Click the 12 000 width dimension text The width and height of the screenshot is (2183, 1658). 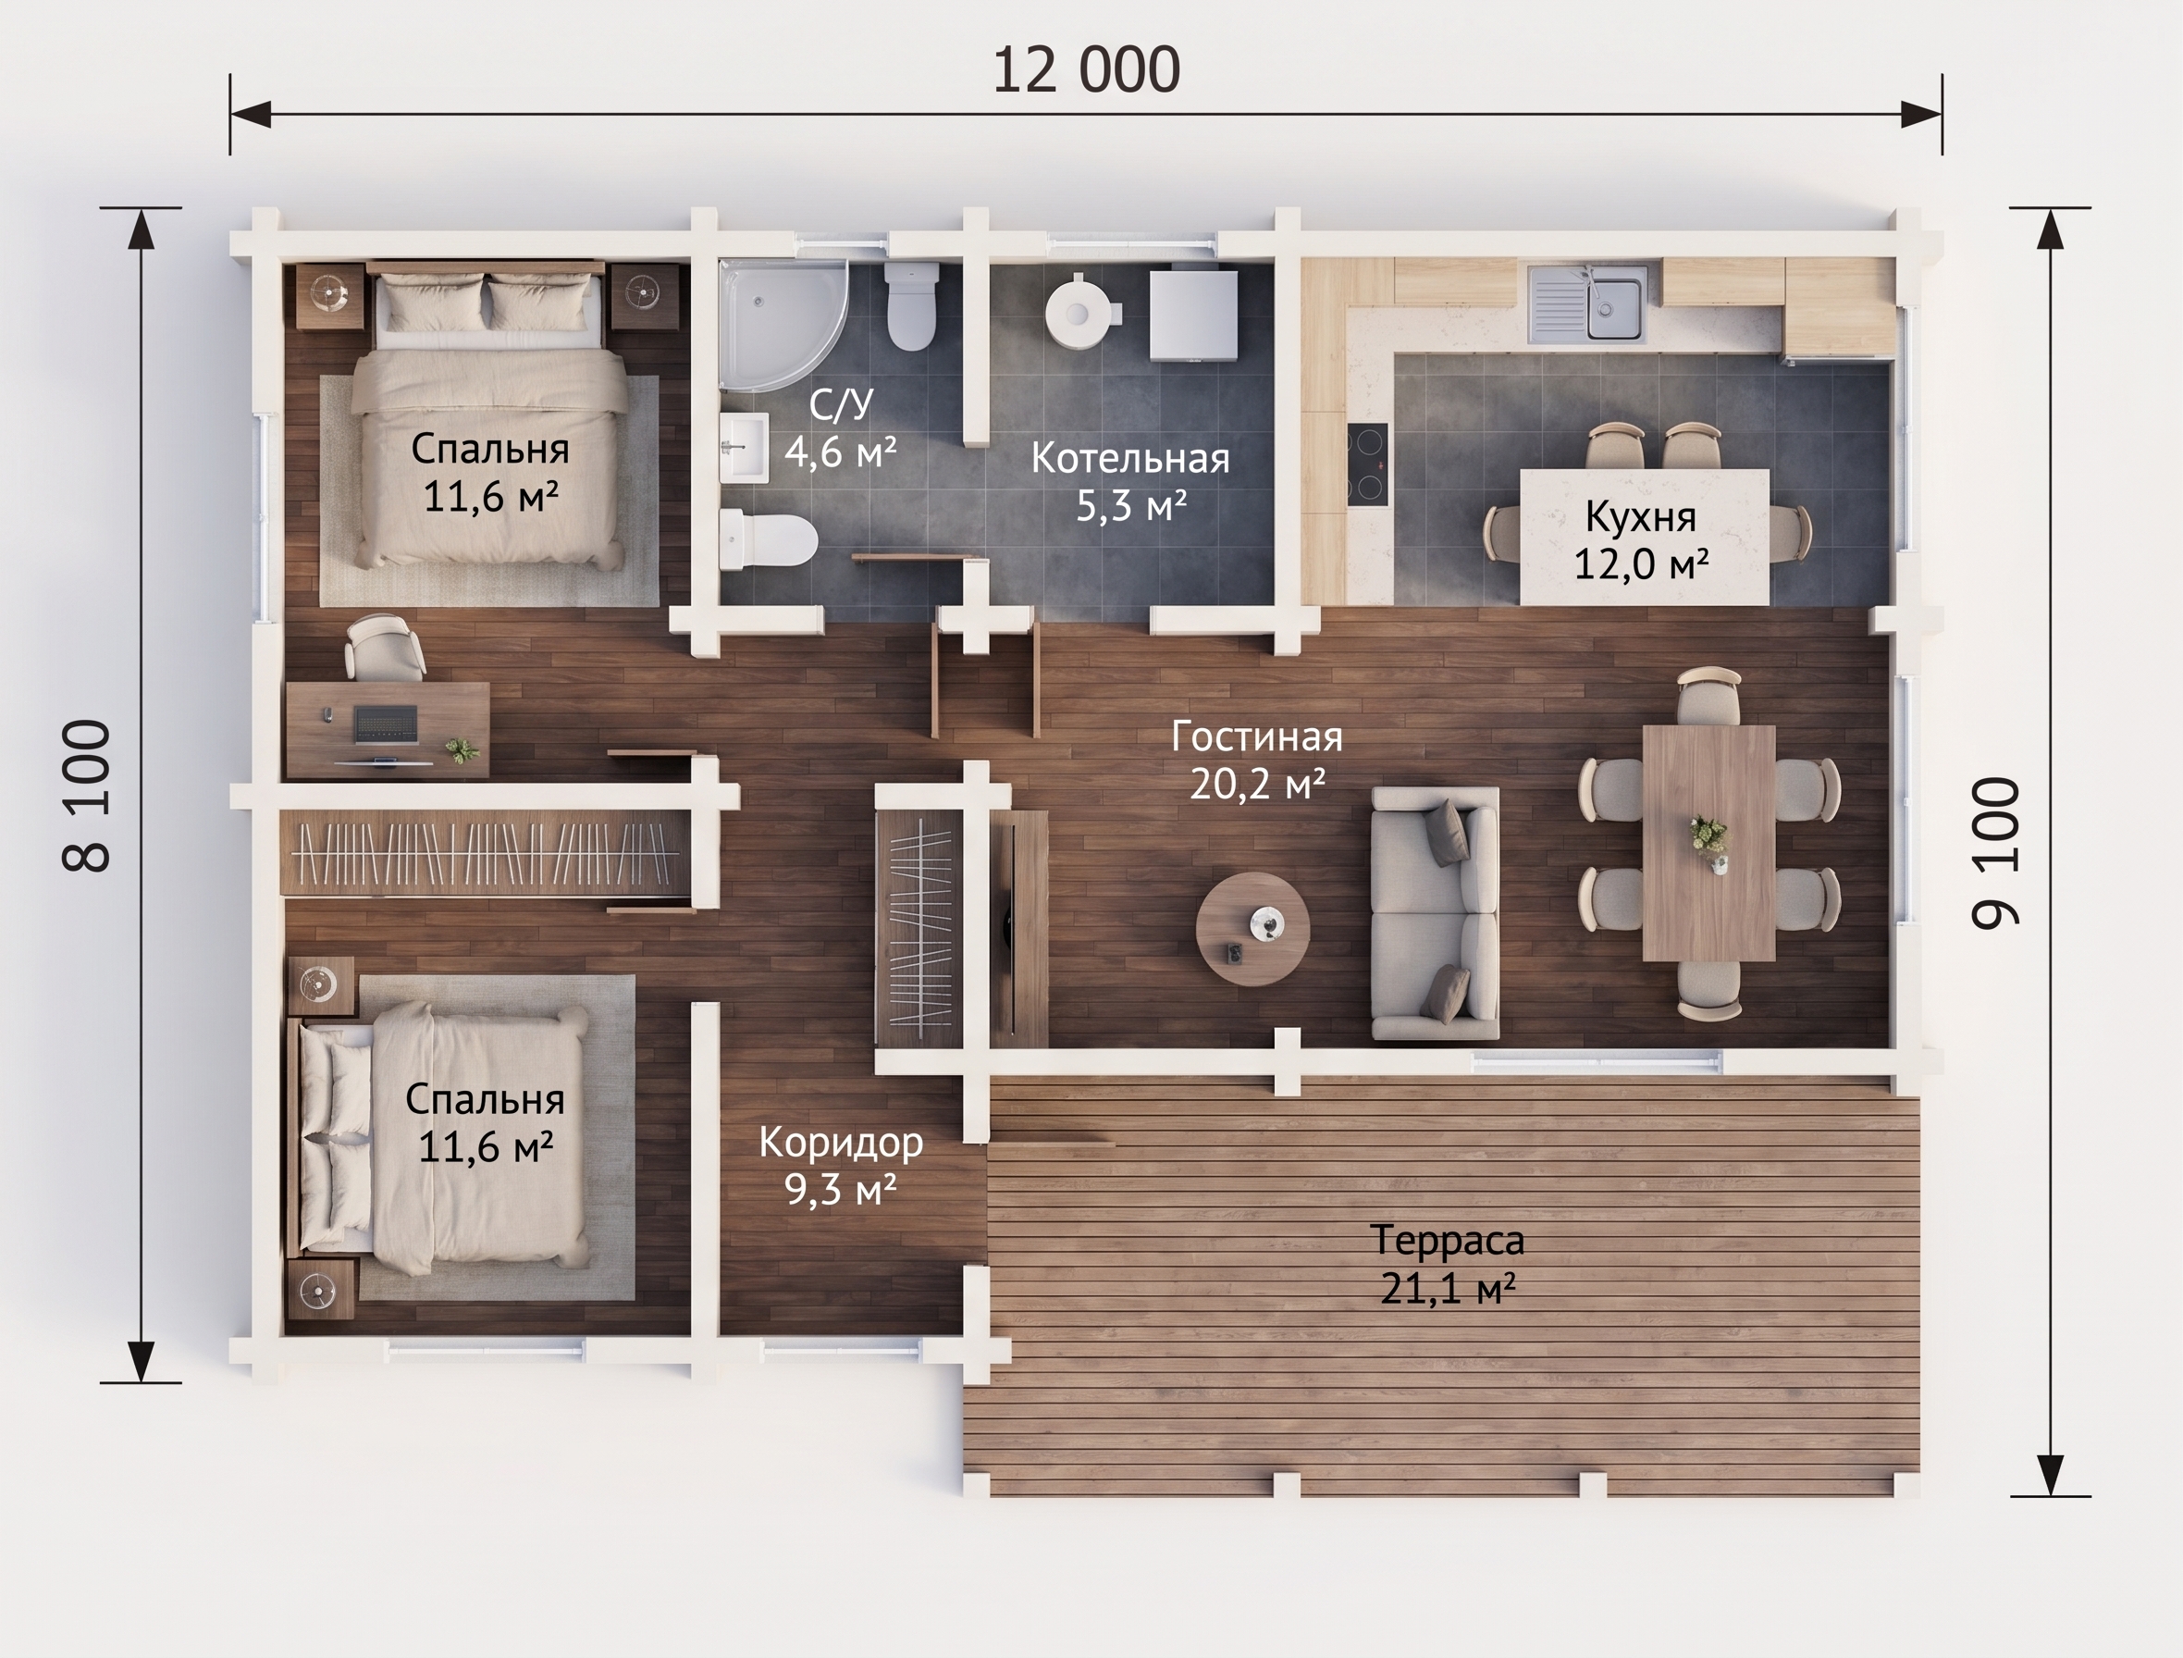coord(1086,70)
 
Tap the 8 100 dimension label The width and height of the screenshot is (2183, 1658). coord(87,796)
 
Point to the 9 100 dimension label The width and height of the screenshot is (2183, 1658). coord(1995,854)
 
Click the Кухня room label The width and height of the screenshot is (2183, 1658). coord(1640,516)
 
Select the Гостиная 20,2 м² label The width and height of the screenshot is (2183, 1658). coord(1257,761)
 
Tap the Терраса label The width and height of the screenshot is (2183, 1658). coord(1448,1240)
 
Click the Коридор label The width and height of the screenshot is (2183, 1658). coord(841,1143)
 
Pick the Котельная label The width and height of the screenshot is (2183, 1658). coord(1130,459)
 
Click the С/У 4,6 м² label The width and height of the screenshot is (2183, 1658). coord(841,428)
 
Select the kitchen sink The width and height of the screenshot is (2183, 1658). coord(1588,304)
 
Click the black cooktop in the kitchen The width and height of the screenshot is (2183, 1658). coord(1368,464)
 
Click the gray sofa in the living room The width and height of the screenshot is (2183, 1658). coord(1436,914)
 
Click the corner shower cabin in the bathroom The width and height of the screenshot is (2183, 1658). coord(783,325)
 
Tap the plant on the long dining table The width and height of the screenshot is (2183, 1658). coord(1708,842)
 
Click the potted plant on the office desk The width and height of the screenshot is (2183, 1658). coord(462,749)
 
